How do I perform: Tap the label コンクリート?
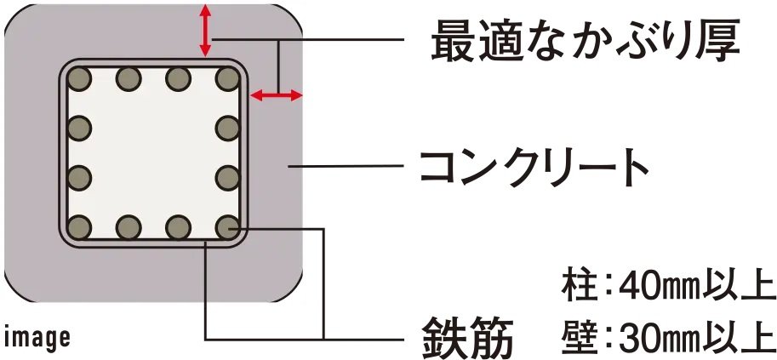(x=534, y=168)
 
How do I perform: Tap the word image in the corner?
(x=37, y=336)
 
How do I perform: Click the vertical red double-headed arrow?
(x=205, y=31)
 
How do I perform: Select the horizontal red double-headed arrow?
(x=276, y=95)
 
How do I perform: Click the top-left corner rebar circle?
(x=79, y=79)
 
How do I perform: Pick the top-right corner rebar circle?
(x=228, y=79)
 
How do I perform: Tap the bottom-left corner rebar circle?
(x=79, y=227)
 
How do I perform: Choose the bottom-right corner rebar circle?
(x=228, y=227)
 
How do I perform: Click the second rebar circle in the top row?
(x=129, y=79)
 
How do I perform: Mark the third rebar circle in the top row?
(x=179, y=79)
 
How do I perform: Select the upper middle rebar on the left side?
(x=79, y=128)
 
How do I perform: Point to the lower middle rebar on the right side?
(x=228, y=178)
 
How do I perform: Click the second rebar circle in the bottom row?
(x=129, y=227)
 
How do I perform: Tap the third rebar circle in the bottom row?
(x=179, y=227)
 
